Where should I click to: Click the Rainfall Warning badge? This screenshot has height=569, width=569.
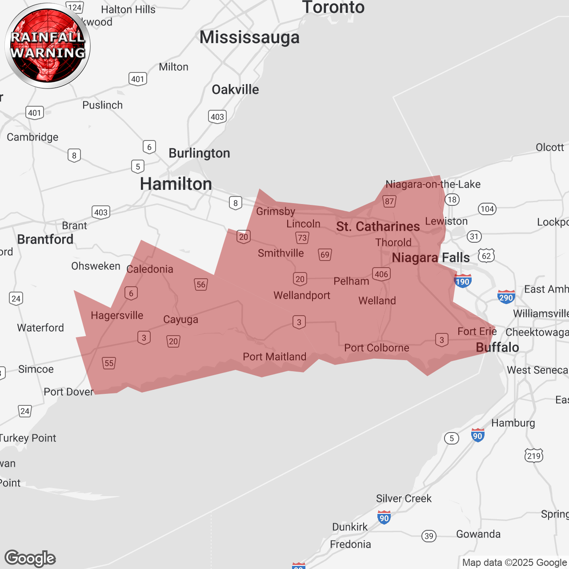point(48,46)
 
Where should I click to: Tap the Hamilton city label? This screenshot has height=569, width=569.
point(176,184)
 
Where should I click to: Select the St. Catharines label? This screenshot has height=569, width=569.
point(378,227)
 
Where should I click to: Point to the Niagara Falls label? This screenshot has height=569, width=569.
point(430,258)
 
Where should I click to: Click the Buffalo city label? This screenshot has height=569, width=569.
point(497,348)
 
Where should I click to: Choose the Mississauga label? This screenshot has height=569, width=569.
point(249,37)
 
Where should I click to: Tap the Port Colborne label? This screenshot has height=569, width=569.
point(377,348)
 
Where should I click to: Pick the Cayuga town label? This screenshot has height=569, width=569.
point(180,320)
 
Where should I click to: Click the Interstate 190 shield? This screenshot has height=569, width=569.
point(462,281)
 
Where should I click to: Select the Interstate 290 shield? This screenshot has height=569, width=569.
point(506,297)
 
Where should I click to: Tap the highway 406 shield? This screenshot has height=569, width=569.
point(381,274)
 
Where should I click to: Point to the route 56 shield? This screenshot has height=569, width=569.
point(201,284)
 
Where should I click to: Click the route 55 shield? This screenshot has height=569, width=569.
point(109,363)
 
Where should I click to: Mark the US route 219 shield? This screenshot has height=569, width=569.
point(533,456)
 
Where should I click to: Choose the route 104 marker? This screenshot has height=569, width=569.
point(487,209)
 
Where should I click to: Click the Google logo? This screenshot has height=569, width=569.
point(30,558)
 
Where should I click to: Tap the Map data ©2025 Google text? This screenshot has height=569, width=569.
point(514,563)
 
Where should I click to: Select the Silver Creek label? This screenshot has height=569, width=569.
point(404,499)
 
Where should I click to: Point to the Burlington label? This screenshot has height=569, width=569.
point(199,153)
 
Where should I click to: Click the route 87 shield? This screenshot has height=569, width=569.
point(389,201)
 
